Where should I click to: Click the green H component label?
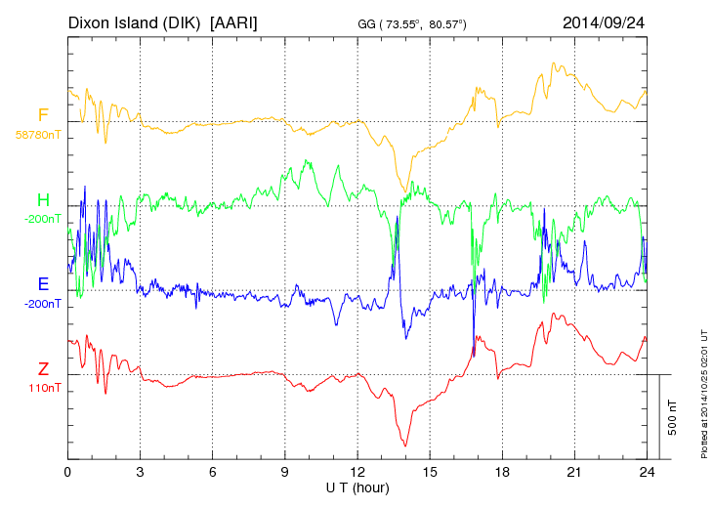(x=43, y=201)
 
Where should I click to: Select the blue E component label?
(x=43, y=285)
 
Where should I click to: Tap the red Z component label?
(x=43, y=369)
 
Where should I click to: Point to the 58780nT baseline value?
(x=37, y=135)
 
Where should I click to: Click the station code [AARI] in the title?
(x=234, y=21)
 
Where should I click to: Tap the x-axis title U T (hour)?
(x=357, y=487)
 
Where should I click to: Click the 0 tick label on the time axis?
(x=67, y=471)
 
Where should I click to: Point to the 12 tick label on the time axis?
(x=357, y=471)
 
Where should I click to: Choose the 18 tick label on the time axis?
(x=502, y=471)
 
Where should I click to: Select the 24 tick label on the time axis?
(x=647, y=471)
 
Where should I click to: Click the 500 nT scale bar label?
(x=672, y=417)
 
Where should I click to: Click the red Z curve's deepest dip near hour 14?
(x=404, y=445)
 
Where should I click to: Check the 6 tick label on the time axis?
(x=213, y=471)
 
